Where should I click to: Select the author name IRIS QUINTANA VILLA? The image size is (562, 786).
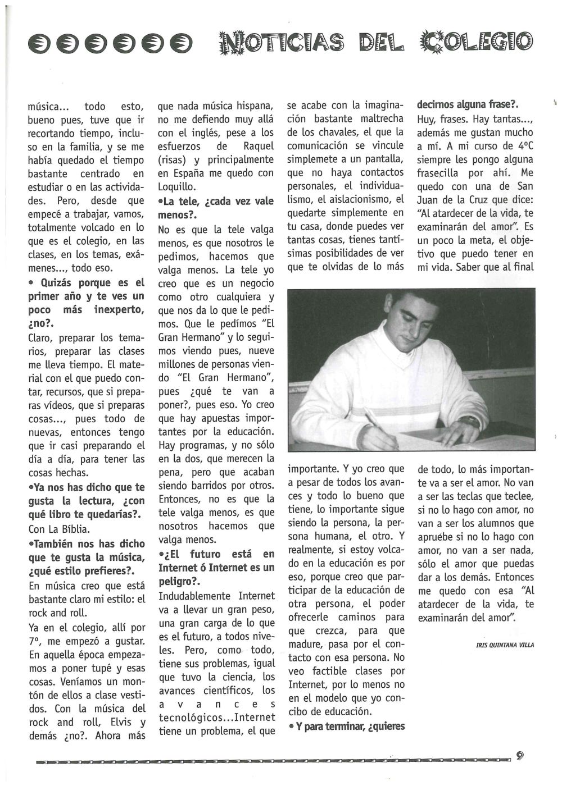click(x=505, y=645)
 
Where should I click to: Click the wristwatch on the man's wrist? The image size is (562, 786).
click(x=468, y=422)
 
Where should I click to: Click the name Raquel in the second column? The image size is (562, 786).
click(x=260, y=146)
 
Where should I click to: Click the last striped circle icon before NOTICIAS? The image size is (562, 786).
click(x=183, y=41)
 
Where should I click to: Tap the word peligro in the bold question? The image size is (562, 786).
click(x=178, y=581)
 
